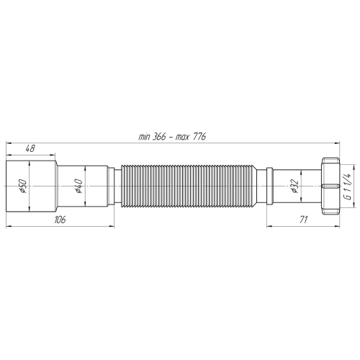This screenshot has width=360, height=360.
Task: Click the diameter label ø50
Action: pos(22,188)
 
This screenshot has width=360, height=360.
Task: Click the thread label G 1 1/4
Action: pos(346,188)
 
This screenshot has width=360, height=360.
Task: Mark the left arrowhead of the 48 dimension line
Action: pos(9,153)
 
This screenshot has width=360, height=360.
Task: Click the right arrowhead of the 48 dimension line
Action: pos(55,153)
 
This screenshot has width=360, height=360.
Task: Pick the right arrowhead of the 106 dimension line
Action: pos(115,225)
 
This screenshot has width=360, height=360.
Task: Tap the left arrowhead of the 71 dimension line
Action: pos(267,225)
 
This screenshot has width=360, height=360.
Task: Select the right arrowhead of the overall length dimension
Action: pos(338,143)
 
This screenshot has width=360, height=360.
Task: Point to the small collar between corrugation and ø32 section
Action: pos(267,188)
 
